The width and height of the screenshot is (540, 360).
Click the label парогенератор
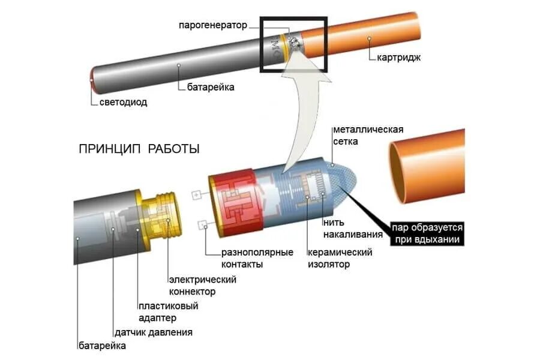coord(212,26)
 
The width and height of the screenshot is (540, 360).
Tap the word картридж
coord(399,58)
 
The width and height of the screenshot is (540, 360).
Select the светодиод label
coord(123,102)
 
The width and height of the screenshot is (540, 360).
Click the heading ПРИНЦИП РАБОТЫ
coord(139,149)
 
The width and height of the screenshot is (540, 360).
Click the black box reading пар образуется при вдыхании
coord(428,233)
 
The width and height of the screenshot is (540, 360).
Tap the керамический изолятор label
coord(340,258)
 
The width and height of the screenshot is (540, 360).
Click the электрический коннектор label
coord(202,286)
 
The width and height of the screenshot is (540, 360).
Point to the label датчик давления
coord(154,332)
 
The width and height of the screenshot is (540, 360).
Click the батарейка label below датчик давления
coord(102,345)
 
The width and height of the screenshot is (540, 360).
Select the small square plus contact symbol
coord(196,195)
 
